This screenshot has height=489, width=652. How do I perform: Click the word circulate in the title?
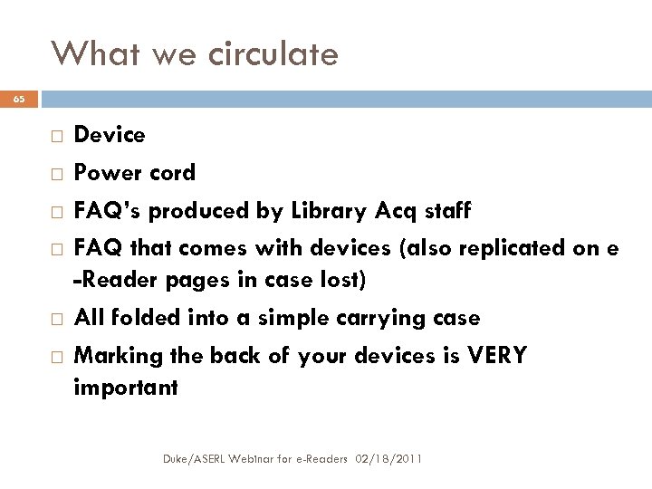point(273,55)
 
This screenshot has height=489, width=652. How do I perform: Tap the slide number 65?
point(19,98)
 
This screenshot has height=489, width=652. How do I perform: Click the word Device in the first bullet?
point(109,135)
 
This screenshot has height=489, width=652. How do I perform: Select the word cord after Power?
point(172,173)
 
